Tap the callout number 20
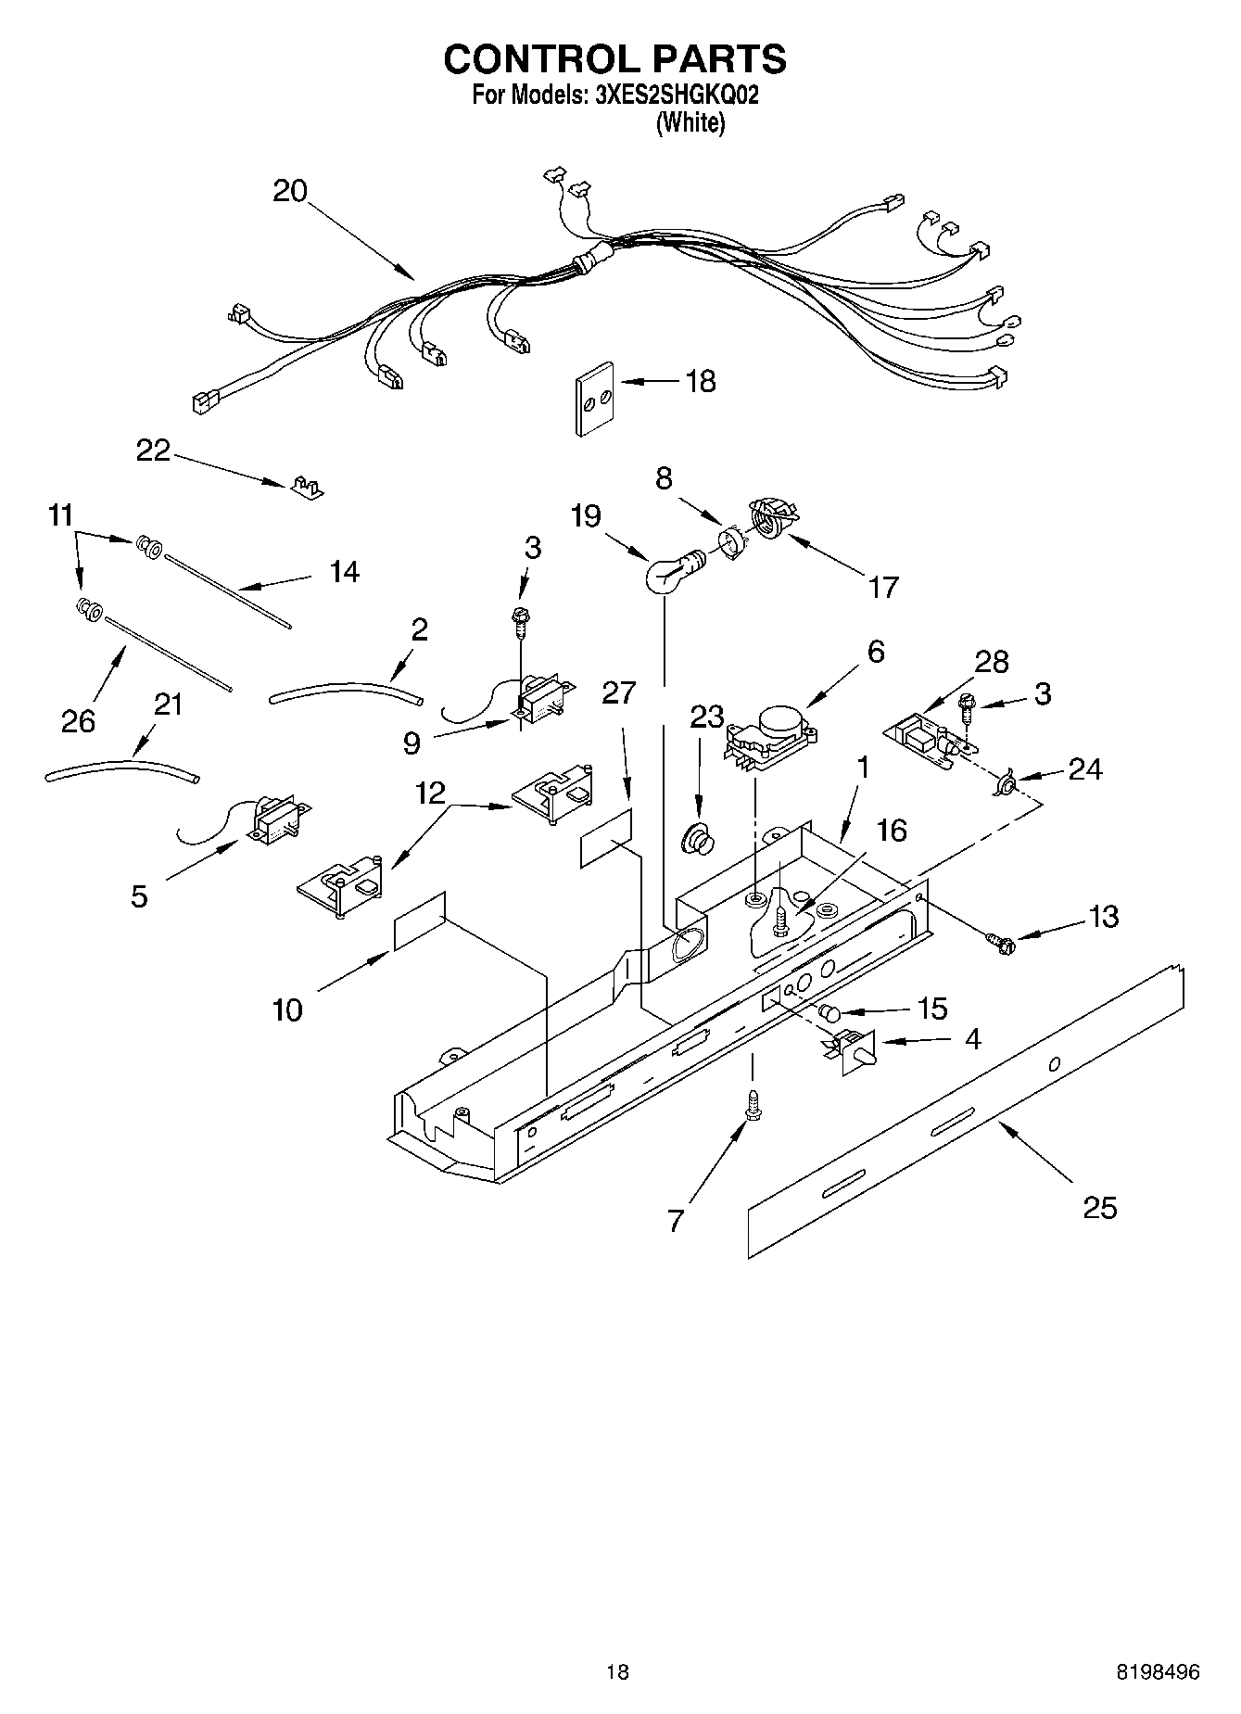coord(290,191)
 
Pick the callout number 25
coord(1100,1208)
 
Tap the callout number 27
coord(619,692)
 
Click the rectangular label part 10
coord(420,920)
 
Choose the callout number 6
coord(875,651)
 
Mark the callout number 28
coord(992,662)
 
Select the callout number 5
coord(139,896)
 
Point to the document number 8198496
coord(1158,1672)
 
